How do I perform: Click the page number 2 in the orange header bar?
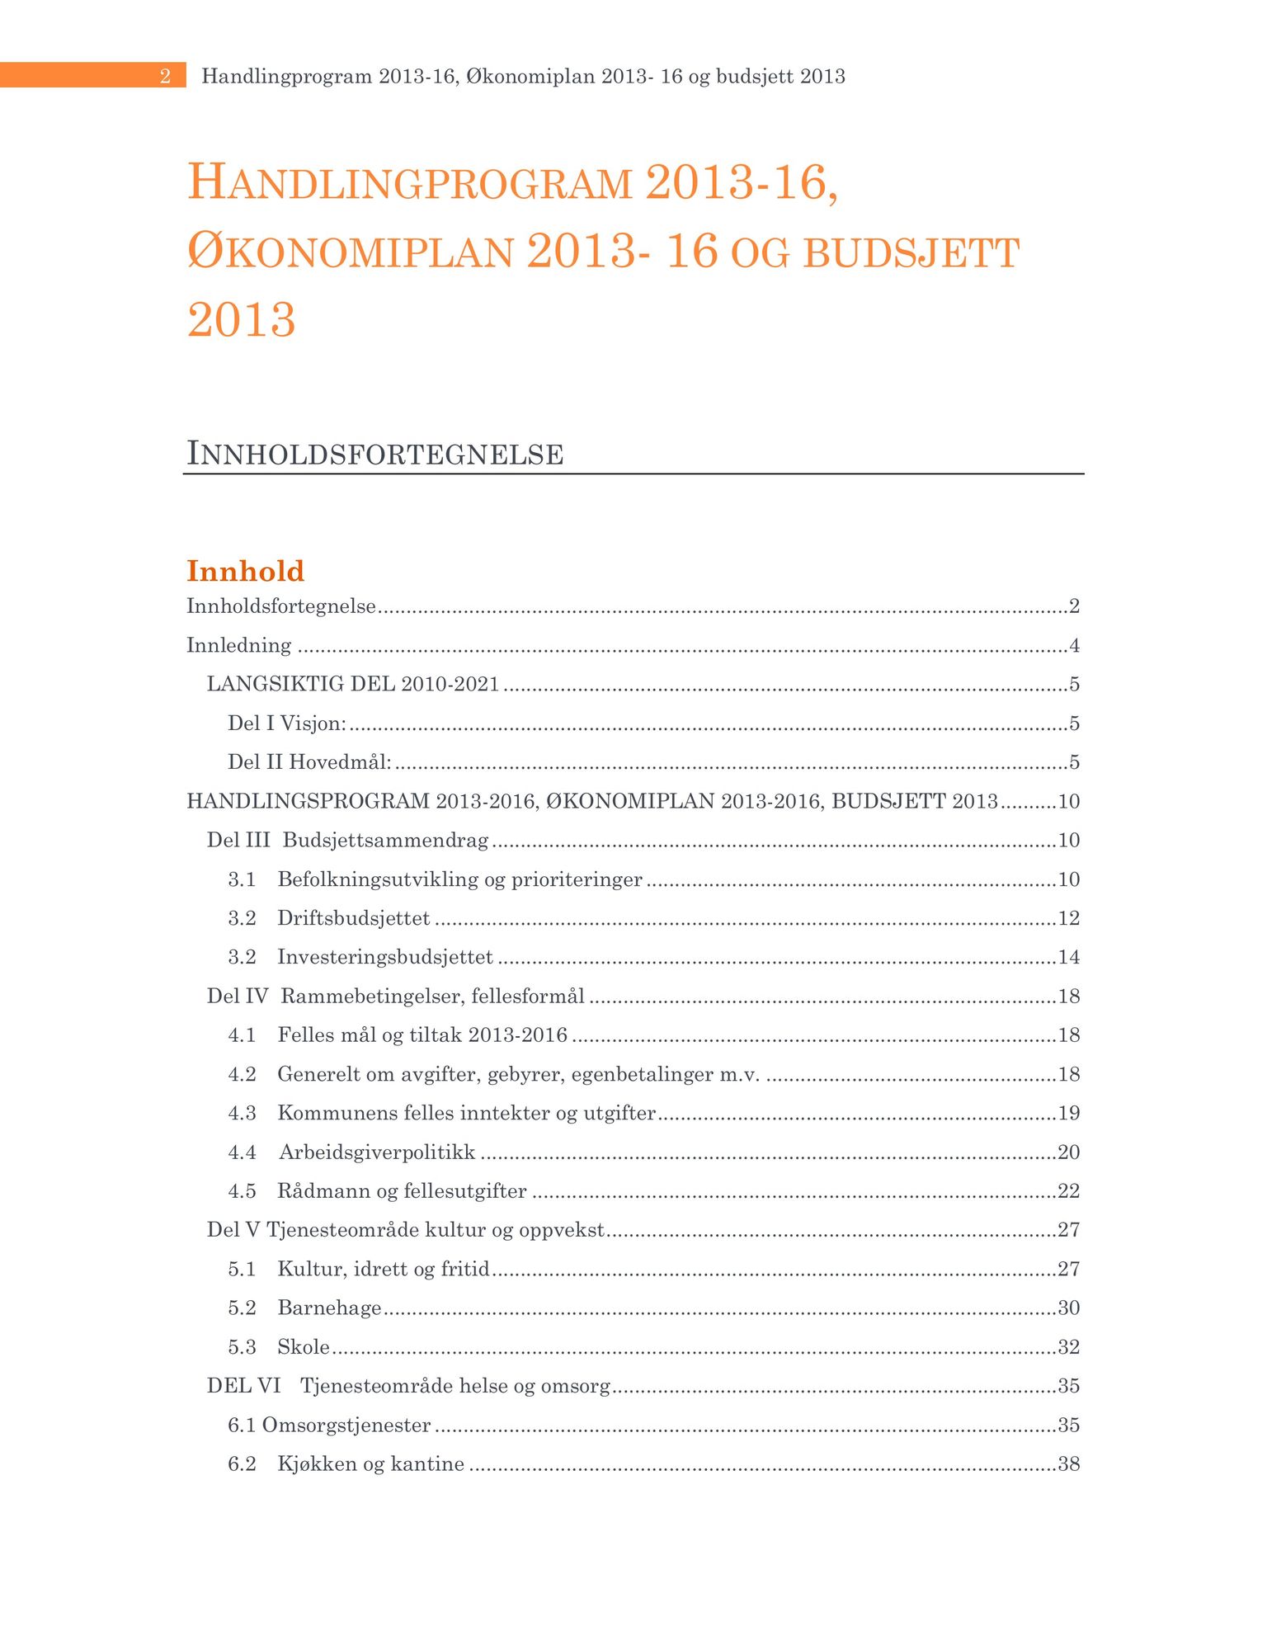(x=165, y=77)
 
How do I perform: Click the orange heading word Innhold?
(x=246, y=571)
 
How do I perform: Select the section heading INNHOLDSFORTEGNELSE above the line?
(x=375, y=455)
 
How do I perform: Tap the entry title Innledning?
(x=239, y=645)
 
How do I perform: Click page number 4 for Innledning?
(x=1074, y=645)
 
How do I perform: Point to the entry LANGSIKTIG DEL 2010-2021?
(x=353, y=684)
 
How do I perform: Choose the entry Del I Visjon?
(x=287, y=723)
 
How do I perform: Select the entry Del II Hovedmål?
(x=309, y=762)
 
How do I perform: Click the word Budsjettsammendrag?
(x=385, y=840)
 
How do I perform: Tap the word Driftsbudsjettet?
(x=353, y=918)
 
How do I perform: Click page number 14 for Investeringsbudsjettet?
(x=1069, y=957)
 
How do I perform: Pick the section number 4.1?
(x=242, y=1035)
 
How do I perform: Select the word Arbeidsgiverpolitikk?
(x=377, y=1152)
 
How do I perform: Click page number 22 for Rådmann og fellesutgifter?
(x=1069, y=1191)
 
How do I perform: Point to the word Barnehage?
(x=329, y=1308)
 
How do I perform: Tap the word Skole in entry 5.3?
(x=304, y=1347)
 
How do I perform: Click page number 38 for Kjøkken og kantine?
(x=1069, y=1464)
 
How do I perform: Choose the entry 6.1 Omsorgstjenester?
(x=329, y=1426)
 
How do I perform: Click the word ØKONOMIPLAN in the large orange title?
(x=351, y=252)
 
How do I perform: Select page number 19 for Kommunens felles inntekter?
(x=1069, y=1114)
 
